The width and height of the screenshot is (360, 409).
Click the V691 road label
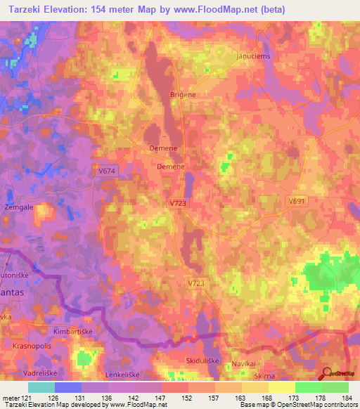[x=297, y=200]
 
